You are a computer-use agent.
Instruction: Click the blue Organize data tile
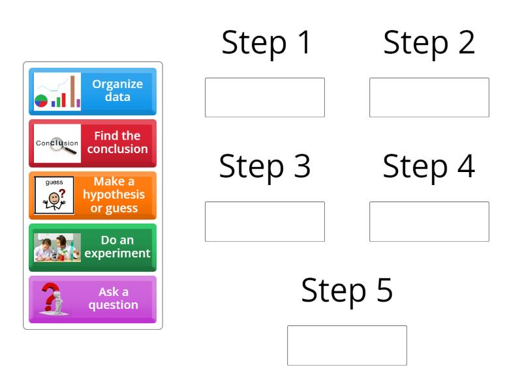point(93,91)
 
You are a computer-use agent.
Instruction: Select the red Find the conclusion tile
point(93,143)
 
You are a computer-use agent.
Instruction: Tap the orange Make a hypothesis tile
point(93,195)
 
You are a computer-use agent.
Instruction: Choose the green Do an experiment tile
point(93,247)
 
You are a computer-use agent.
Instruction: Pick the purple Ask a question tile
point(93,299)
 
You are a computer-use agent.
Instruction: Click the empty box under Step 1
point(265,98)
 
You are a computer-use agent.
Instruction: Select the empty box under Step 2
point(429,98)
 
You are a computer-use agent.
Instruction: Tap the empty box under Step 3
point(265,222)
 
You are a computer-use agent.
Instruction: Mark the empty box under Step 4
point(429,222)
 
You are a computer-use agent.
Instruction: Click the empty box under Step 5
point(347,345)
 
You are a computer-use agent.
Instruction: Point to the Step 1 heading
point(266,43)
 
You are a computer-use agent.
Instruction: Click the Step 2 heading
point(429,43)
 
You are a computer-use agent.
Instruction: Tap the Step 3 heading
point(265,167)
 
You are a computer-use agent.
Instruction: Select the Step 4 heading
point(429,167)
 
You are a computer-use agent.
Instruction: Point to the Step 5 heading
point(347,291)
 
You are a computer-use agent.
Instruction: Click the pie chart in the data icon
point(41,100)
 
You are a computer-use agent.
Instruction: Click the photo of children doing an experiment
point(57,248)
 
